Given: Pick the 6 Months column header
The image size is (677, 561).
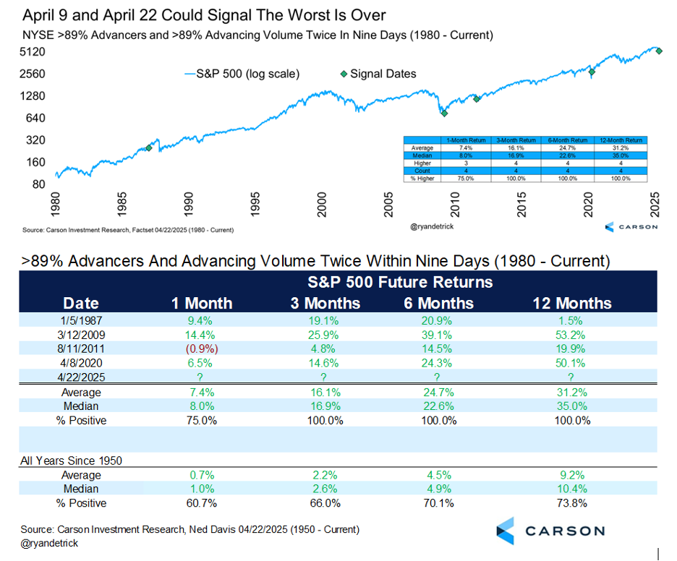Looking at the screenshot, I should (438, 304).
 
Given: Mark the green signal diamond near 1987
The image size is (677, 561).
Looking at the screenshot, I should (149, 147).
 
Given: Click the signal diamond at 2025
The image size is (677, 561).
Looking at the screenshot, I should (658, 50).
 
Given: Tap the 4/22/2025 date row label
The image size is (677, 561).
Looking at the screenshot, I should (82, 377).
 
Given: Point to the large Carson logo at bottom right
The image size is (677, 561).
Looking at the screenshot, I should (550, 531).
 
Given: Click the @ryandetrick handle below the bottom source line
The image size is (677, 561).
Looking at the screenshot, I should (50, 543).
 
